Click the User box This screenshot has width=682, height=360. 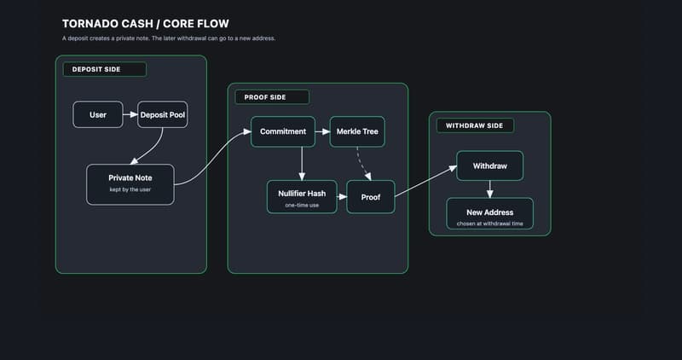97,114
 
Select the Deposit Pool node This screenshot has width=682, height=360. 162,114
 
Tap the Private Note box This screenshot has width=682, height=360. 130,183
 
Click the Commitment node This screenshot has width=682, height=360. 282,131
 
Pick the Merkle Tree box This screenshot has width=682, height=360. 356,131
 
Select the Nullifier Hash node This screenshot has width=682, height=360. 302,195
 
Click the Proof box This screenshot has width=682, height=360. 370,196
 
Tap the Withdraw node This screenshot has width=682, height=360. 489,165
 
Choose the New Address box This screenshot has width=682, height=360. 489,213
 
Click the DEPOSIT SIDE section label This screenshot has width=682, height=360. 104,69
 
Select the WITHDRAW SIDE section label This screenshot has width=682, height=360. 475,125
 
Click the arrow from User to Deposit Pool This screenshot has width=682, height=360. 129,114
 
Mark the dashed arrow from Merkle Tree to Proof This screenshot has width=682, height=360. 361,163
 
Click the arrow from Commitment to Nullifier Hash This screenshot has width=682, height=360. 302,163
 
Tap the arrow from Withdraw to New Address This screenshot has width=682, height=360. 489,189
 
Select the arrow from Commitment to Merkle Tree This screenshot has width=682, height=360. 322,131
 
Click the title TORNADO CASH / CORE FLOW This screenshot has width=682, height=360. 145,24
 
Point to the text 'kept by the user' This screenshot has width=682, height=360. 130,189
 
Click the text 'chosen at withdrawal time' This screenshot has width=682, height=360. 489,224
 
